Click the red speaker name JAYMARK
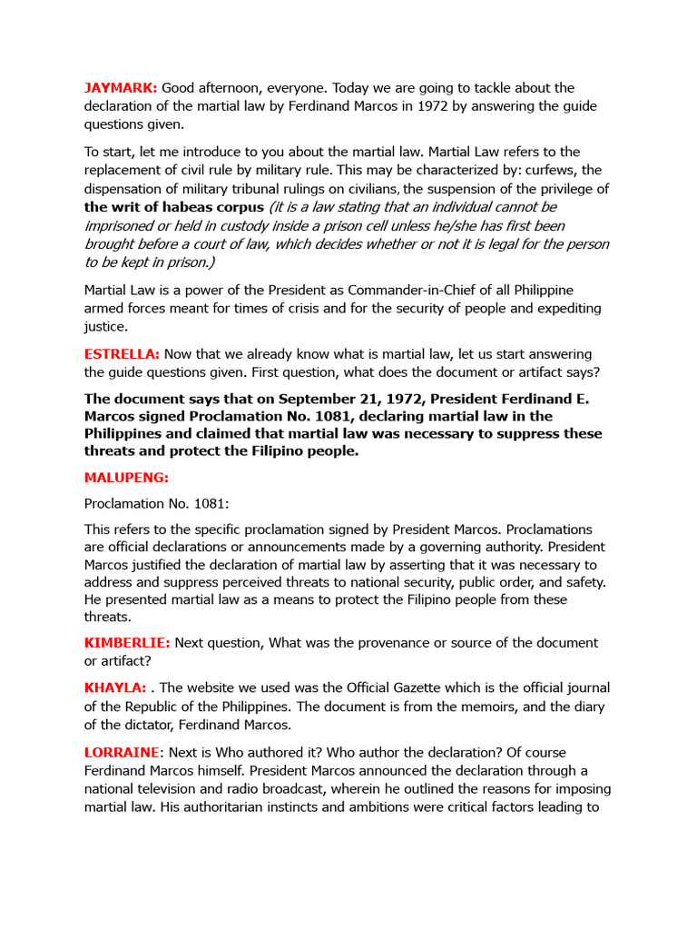point(121,88)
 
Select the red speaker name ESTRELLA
point(122,353)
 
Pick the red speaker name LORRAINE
point(122,753)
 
